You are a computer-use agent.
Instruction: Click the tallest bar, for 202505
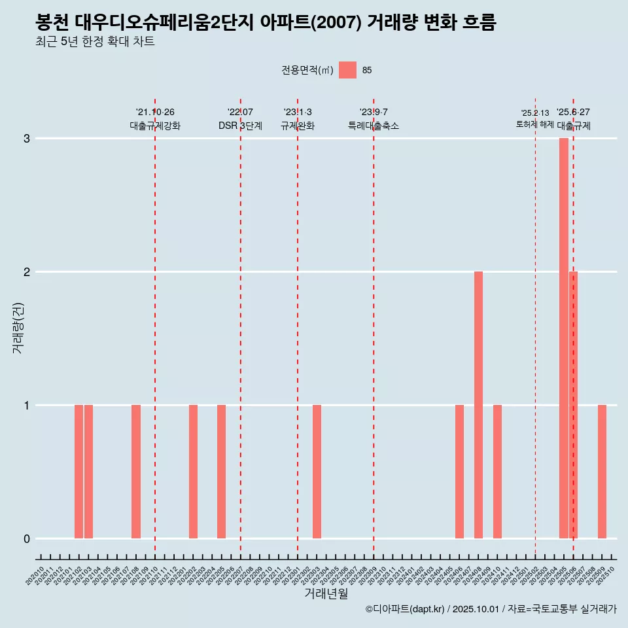coord(563,338)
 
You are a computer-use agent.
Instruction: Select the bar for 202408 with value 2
coord(478,405)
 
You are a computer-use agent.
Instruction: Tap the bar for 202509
coord(602,472)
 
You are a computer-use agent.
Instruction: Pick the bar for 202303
coord(317,472)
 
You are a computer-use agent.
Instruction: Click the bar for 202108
coord(136,472)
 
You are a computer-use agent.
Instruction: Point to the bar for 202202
coord(193,472)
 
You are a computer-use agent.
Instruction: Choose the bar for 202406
coord(459,472)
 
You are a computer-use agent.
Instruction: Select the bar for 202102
coord(78,472)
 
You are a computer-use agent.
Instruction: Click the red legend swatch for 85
coord(347,70)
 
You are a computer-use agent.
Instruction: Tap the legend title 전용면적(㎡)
coord(307,71)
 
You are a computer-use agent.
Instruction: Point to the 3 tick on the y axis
coord(27,139)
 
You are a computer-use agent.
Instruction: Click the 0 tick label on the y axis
coord(27,539)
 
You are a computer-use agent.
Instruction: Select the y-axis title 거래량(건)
coord(18,327)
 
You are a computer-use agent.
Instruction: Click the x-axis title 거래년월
coord(326,593)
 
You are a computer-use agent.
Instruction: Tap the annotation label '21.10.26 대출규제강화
coord(155,119)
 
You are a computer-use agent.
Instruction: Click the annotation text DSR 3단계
coord(240,126)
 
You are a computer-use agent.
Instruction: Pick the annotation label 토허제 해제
coord(534,124)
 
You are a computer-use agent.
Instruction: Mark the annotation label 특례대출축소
coord(373,126)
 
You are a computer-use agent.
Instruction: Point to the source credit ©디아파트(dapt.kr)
coord(406,609)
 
